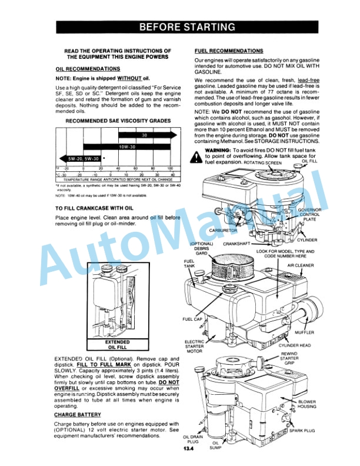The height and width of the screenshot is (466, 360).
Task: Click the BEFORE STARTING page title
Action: point(186,27)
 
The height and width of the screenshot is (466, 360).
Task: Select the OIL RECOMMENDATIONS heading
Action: point(88,69)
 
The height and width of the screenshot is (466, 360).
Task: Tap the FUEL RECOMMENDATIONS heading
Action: point(229,51)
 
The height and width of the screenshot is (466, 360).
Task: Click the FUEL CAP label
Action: point(193,319)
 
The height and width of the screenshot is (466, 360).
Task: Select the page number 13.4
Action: point(188,450)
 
